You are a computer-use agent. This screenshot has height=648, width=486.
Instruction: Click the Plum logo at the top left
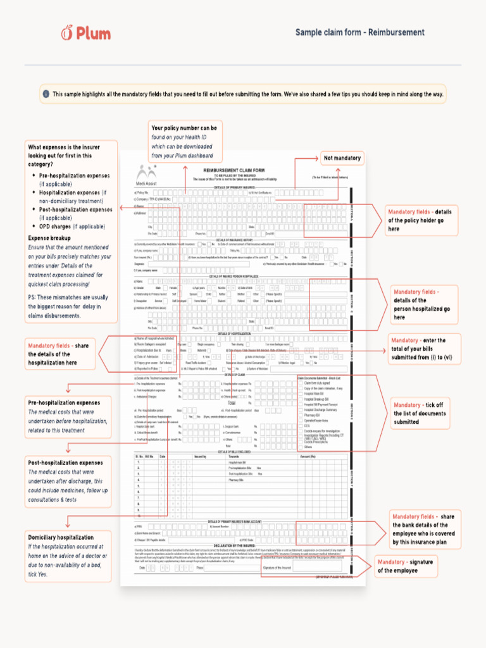[x=85, y=32]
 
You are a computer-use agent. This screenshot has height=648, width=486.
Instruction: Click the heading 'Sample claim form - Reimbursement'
[x=359, y=32]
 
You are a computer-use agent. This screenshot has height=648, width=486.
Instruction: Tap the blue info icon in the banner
[x=46, y=94]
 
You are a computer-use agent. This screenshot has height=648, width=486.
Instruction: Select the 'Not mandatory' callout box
[x=342, y=158]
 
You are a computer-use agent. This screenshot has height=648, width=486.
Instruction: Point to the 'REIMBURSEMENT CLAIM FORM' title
[x=234, y=170]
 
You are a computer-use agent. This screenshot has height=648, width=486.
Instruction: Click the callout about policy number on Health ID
[x=184, y=142]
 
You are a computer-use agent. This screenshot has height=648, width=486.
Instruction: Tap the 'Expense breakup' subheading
[x=49, y=238]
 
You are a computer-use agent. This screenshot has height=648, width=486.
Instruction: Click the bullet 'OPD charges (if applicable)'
[x=72, y=226]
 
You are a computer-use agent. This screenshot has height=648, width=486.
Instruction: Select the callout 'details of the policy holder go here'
[x=420, y=220]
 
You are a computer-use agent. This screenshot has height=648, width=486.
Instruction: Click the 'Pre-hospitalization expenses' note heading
[x=63, y=402]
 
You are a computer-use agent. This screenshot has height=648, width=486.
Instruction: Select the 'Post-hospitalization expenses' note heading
[x=65, y=463]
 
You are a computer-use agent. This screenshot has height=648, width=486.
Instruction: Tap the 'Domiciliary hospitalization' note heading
[x=61, y=537]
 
